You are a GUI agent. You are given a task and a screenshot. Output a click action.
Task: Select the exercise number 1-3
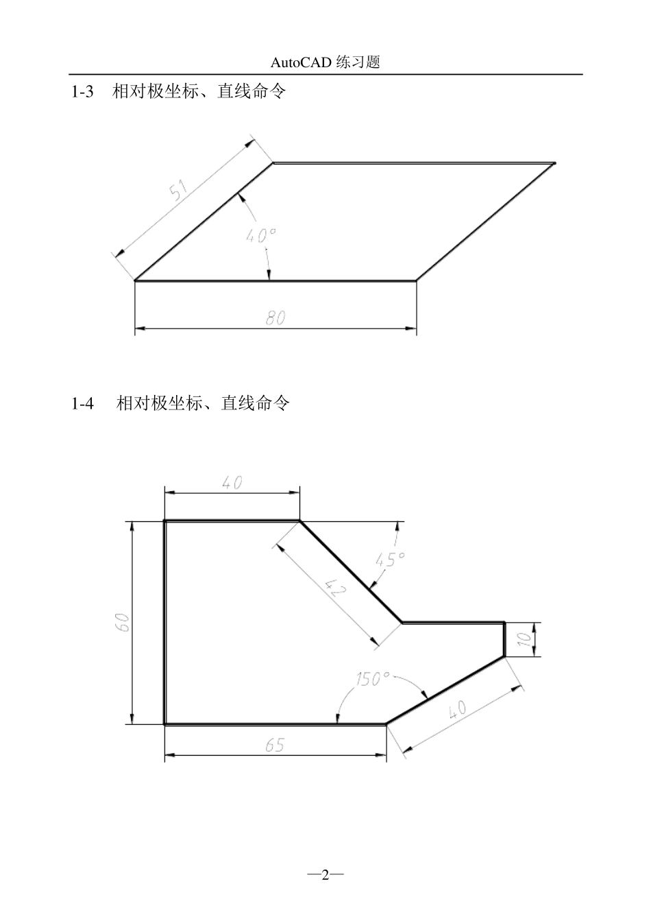pos(82,91)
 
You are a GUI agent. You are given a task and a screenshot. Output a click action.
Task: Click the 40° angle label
pos(260,235)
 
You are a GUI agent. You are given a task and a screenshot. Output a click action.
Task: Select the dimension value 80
pos(275,318)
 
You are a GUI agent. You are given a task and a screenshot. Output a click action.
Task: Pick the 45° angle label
pos(391,559)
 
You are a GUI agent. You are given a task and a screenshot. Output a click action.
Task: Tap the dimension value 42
pos(334,588)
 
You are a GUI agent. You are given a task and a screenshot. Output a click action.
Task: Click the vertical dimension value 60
pos(122,623)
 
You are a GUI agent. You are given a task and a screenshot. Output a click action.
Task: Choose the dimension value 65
pos(275,745)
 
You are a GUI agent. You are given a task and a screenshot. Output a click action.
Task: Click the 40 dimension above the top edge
pos(232,483)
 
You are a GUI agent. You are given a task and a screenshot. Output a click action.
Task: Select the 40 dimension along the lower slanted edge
pos(457,708)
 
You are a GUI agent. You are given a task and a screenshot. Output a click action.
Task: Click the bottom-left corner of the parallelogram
pos(135,280)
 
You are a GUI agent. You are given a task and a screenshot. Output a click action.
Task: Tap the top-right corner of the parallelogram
pos(554,163)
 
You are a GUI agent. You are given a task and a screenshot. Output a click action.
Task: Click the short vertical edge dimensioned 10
pos(505,639)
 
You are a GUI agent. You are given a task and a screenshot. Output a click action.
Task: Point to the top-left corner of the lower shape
pos(165,521)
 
